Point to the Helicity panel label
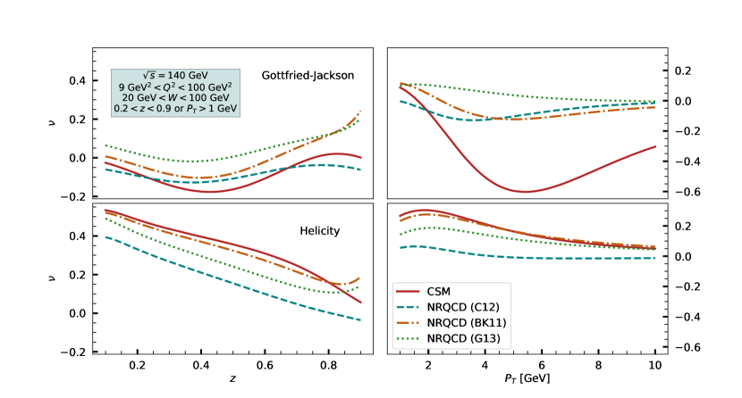pos(319,232)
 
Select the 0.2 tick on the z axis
pos(138,366)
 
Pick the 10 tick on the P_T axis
pos(654,366)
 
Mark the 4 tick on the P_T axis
pos(485,366)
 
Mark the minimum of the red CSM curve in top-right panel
pos(526,191)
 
